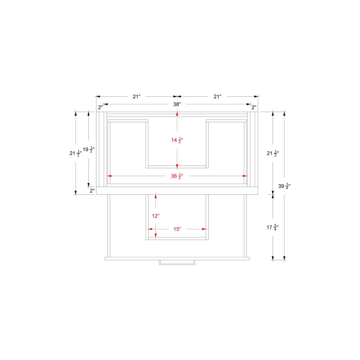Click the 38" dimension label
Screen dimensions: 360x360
(x=177, y=104)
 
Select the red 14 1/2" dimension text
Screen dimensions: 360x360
(x=177, y=140)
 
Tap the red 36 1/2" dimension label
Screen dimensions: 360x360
(x=177, y=176)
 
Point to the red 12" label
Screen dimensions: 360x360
(x=156, y=216)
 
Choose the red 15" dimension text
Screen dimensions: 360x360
(x=177, y=229)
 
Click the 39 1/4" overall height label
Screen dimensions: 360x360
(x=284, y=186)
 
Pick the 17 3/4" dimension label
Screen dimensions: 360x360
(x=273, y=227)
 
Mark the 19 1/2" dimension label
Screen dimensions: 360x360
(x=89, y=149)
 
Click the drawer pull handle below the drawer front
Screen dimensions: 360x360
(x=177, y=262)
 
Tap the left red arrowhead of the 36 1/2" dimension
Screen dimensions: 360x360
(x=109, y=176)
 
